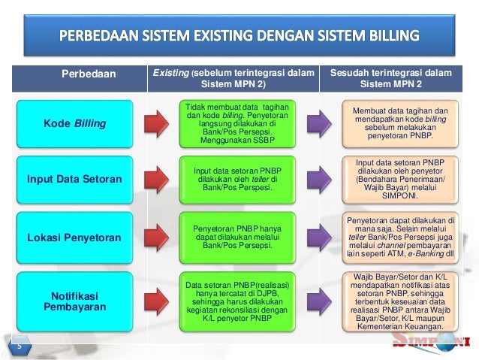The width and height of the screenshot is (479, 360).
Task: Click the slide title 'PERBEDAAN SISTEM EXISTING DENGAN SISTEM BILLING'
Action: point(240,35)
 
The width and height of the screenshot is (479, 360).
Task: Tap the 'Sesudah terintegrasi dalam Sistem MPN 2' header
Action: point(399,79)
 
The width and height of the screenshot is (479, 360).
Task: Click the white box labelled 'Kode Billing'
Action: point(74,123)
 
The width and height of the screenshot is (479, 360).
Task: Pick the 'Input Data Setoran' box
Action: point(74,180)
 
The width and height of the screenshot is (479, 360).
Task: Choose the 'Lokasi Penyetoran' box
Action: point(74,237)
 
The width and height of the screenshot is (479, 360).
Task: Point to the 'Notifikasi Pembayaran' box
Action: point(74,299)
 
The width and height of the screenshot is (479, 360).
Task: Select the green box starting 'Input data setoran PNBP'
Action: point(236,179)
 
